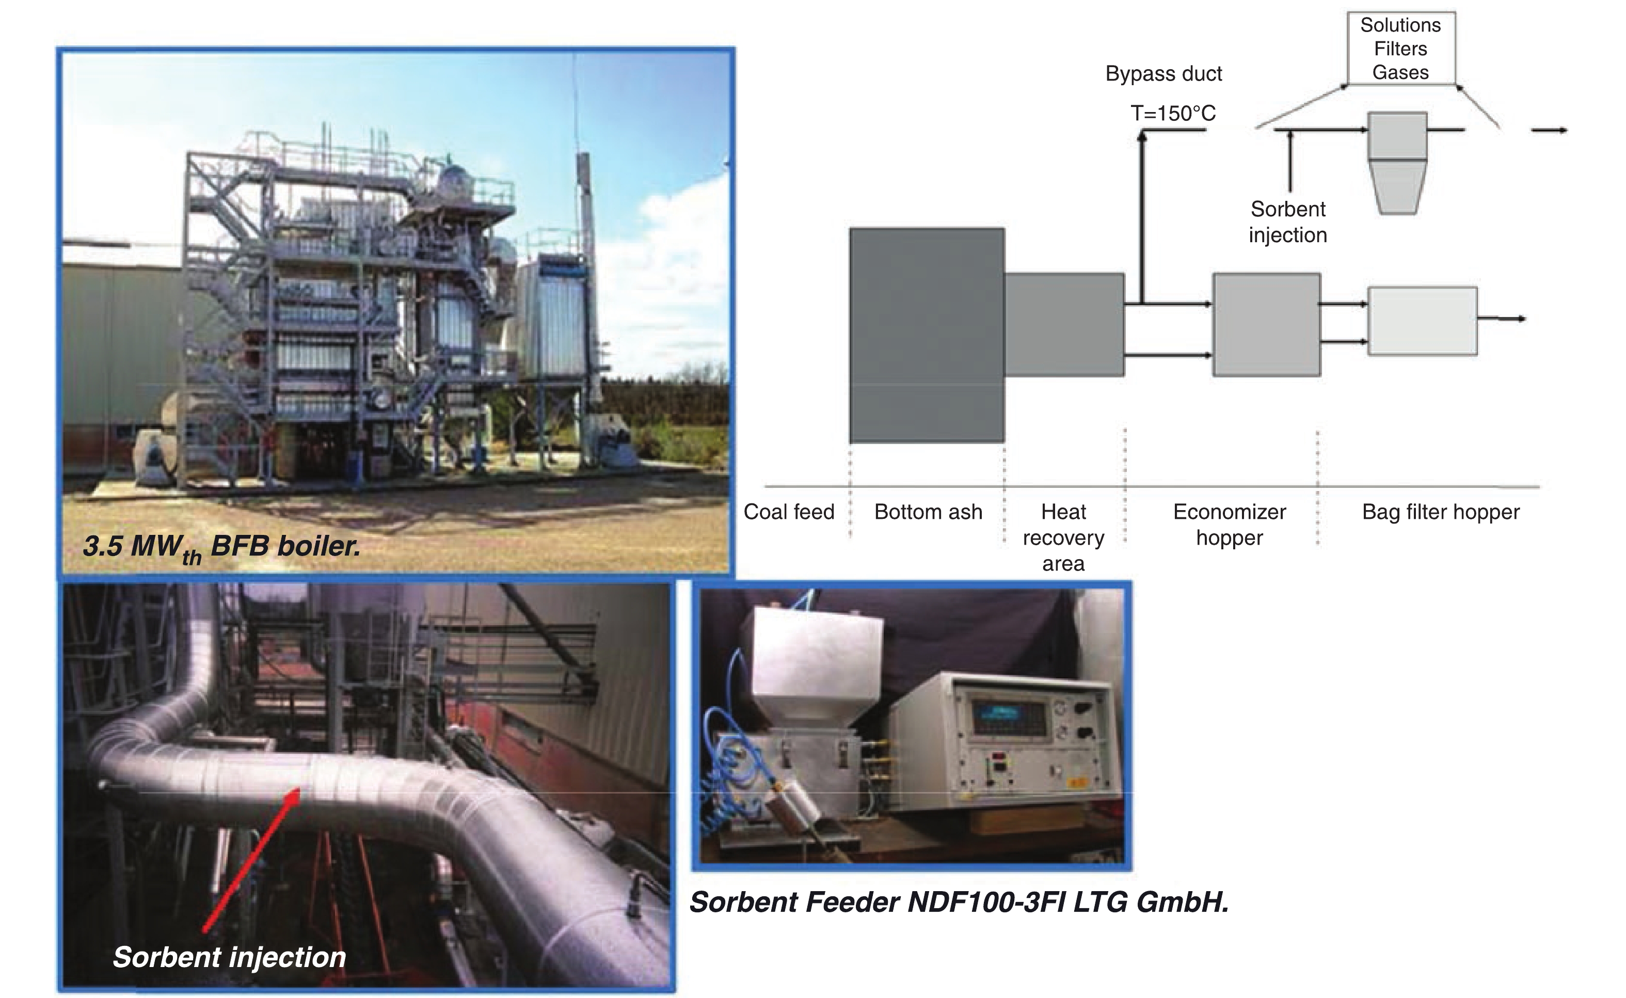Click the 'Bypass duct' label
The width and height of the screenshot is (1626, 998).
1163,73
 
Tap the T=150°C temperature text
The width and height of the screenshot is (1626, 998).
1173,113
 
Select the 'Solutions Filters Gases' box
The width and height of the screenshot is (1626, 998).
1400,48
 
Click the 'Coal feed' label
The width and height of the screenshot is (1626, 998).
789,512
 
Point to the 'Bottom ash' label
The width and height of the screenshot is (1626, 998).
928,512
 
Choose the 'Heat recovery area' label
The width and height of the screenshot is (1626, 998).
1063,537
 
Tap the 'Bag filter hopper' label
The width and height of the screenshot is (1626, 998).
1441,512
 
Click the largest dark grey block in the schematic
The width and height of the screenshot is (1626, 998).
927,335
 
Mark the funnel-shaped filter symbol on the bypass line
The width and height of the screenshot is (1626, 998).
1397,163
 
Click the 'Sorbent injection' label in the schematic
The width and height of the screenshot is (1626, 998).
1287,222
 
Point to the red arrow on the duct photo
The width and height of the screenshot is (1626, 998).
251,860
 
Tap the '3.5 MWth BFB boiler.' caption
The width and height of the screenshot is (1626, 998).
222,548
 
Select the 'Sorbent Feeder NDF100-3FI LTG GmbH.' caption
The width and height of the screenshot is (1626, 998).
959,902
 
